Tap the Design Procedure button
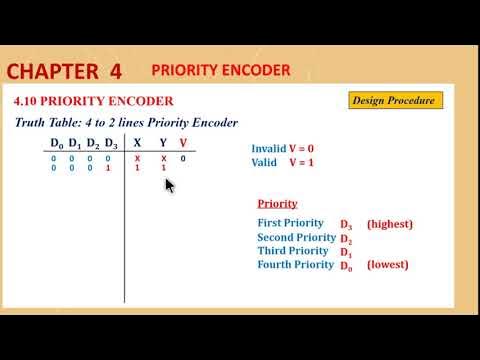coord(396,100)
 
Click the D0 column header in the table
coord(57,142)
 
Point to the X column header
coord(137,142)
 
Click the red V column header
coord(183,142)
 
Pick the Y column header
coord(163,142)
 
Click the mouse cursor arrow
coord(169,185)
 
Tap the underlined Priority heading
coord(276,202)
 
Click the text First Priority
coord(290,223)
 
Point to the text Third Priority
coord(291,251)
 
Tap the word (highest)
coord(389,224)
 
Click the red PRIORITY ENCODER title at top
coord(220,70)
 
